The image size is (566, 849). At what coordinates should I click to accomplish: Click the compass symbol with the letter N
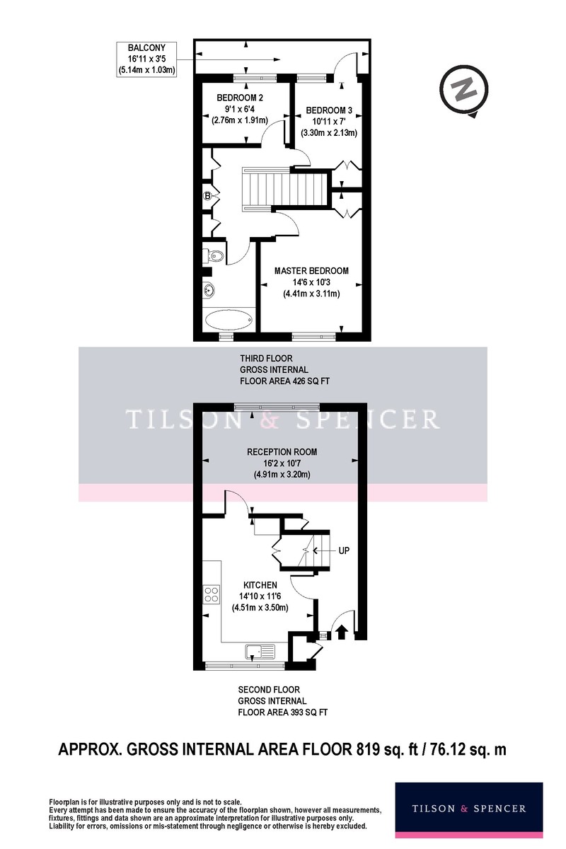pyautogui.click(x=464, y=91)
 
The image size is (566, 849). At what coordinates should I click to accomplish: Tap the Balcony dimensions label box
pyautogui.click(x=146, y=59)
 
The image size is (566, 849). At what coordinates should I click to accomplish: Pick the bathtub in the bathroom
pyautogui.click(x=229, y=320)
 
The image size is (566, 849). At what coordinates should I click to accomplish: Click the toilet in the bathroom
pyautogui.click(x=214, y=256)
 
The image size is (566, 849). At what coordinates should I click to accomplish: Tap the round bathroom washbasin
pyautogui.click(x=209, y=290)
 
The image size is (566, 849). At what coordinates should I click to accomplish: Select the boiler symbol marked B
pyautogui.click(x=207, y=196)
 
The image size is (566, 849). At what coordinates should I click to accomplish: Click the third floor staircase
pyautogui.click(x=285, y=187)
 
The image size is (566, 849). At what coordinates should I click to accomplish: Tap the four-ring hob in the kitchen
pyautogui.click(x=212, y=594)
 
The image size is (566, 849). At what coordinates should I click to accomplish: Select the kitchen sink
pyautogui.click(x=260, y=652)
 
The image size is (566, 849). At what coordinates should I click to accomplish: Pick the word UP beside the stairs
pyautogui.click(x=344, y=550)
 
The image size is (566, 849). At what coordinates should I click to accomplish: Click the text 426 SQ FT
pyautogui.click(x=310, y=381)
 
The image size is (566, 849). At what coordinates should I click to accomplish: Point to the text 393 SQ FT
pyautogui.click(x=308, y=712)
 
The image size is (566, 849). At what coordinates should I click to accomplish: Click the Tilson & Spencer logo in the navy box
pyautogui.click(x=469, y=809)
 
